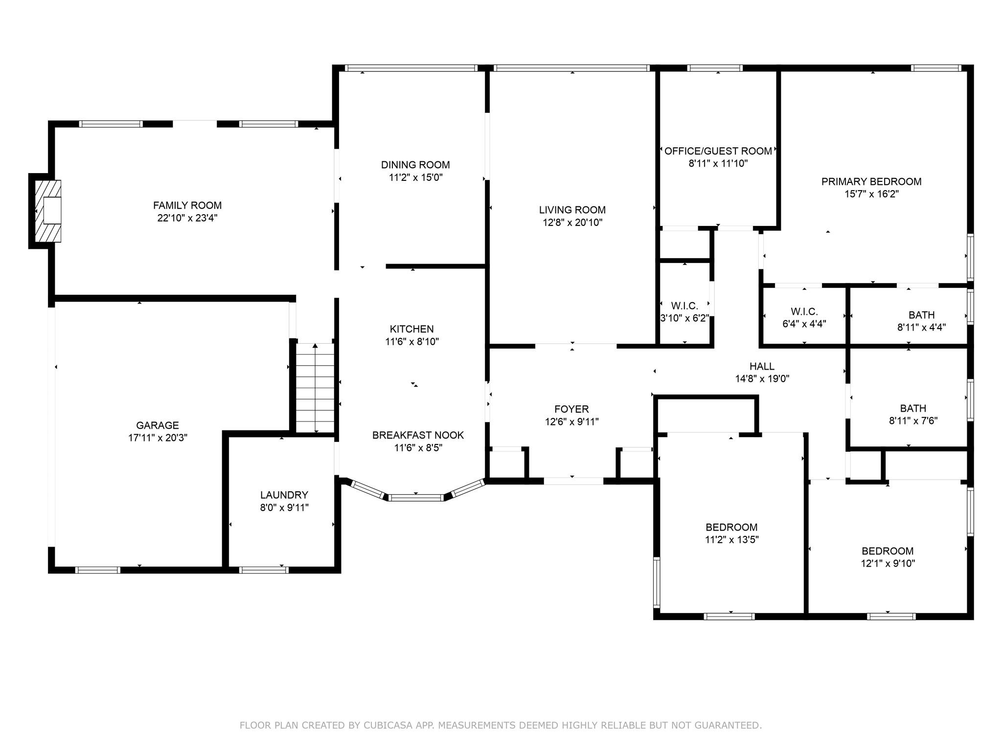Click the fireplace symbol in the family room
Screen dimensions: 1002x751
[x=47, y=211]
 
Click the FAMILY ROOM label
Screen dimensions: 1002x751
[x=187, y=205]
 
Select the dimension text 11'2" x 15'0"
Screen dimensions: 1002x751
[x=416, y=177]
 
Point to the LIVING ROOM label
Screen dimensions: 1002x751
[x=572, y=210]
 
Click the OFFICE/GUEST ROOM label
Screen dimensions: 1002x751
[x=718, y=151]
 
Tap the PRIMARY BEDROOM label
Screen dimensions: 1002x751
[x=871, y=181]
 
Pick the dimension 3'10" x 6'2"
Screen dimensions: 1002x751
[x=685, y=318]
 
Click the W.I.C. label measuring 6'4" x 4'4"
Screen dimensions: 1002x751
[x=804, y=311]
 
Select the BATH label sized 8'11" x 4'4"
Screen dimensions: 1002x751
[x=922, y=315]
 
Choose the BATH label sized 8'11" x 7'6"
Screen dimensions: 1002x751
[x=913, y=408]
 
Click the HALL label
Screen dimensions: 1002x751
[x=762, y=366]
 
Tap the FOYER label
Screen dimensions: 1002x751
[x=571, y=409]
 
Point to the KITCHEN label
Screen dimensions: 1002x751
[x=412, y=329]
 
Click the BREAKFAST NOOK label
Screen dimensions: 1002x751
[x=418, y=435]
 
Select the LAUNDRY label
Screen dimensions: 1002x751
[x=284, y=495]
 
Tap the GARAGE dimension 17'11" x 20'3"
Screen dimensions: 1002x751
[x=158, y=438]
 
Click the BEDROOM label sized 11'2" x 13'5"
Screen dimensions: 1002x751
[x=731, y=527]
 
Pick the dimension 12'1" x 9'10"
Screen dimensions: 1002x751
[x=888, y=563]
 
